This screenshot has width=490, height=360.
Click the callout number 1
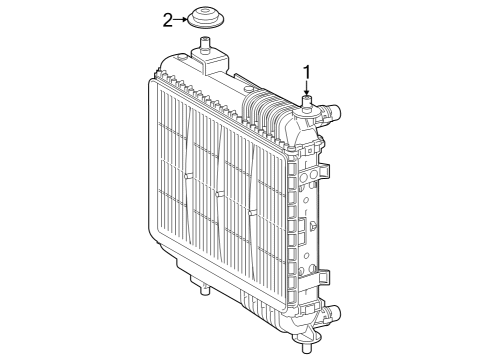pos(307,71)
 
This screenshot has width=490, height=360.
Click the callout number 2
pos(168,18)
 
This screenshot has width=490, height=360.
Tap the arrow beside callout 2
pos(181,18)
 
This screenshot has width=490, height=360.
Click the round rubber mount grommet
pos(206,20)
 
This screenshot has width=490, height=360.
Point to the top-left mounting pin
pos(207,44)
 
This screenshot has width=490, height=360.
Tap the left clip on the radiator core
pos(187,176)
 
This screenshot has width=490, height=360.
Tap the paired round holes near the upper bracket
pos(310,177)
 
